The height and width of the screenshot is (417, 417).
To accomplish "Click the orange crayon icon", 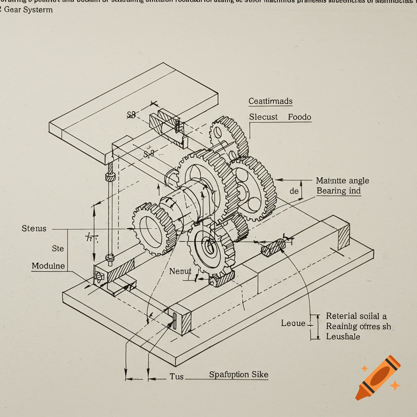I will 377,377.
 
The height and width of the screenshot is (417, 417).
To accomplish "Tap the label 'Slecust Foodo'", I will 280,117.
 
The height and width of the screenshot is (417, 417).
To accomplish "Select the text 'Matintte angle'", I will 342,181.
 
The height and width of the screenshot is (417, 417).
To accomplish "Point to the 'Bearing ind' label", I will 338,191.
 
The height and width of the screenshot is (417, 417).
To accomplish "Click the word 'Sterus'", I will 34,229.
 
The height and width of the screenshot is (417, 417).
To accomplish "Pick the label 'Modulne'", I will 48,266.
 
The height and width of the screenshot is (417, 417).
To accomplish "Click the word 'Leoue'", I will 293,323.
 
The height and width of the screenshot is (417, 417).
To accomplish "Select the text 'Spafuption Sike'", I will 239,375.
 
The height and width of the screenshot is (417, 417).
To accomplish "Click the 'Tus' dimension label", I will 177,377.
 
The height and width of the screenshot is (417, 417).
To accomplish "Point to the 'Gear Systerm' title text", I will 29,9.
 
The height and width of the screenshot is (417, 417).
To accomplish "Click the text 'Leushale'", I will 343,336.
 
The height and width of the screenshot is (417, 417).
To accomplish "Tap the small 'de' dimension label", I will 294,191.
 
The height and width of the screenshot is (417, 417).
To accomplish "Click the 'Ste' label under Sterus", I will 58,248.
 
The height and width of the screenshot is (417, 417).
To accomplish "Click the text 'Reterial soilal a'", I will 356,316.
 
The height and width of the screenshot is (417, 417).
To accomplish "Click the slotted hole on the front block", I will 174,321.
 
